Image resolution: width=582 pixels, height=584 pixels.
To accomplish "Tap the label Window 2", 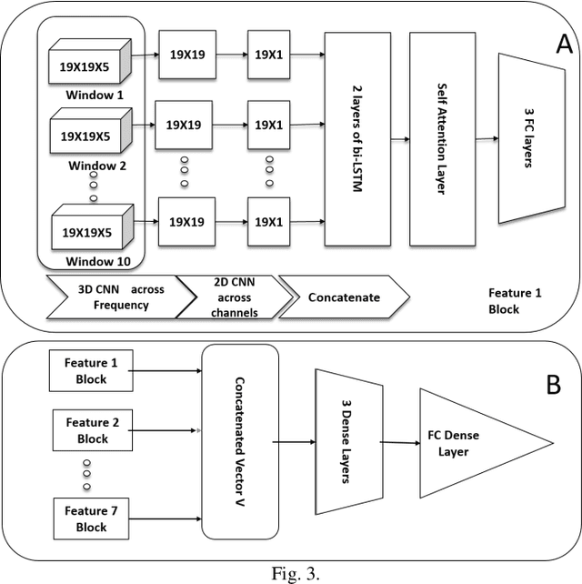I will (96, 166).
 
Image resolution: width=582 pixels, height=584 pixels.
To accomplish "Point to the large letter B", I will (554, 385).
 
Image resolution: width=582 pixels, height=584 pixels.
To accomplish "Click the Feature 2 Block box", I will (91, 430).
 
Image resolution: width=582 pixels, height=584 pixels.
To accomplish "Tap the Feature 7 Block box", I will (91, 519).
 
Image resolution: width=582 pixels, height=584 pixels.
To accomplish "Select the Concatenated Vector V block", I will (239, 442).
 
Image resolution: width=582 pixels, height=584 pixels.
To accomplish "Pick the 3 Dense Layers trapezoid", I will (346, 442).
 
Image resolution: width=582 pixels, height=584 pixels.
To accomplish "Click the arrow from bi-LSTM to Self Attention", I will (398, 139).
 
